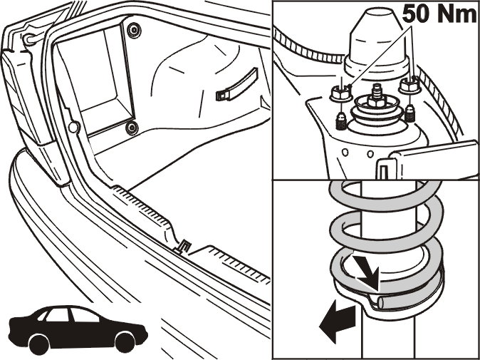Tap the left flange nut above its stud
coord(340,93)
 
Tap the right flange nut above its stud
coord(409,85)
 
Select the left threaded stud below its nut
coord(341,121)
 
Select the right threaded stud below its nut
coord(409,113)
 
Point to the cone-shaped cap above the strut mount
coord(377,40)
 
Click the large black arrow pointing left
coord(337,321)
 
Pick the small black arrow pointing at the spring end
coord(367,269)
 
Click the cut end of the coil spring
coord(382,303)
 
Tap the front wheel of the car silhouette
coord(125,341)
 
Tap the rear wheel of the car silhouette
coord(39,344)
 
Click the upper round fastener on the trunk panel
coord(134,31)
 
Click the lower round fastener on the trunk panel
coord(132,127)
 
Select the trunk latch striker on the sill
coord(183,247)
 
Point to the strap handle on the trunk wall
coord(236,84)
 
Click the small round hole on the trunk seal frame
coord(74,127)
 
